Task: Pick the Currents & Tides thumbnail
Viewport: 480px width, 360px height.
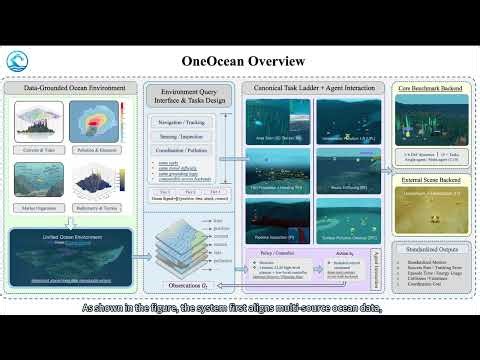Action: click(x=40, y=122)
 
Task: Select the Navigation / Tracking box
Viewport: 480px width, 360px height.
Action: click(x=182, y=122)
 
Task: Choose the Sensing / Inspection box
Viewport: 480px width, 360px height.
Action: click(x=182, y=142)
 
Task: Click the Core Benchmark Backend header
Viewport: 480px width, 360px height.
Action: click(x=430, y=89)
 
